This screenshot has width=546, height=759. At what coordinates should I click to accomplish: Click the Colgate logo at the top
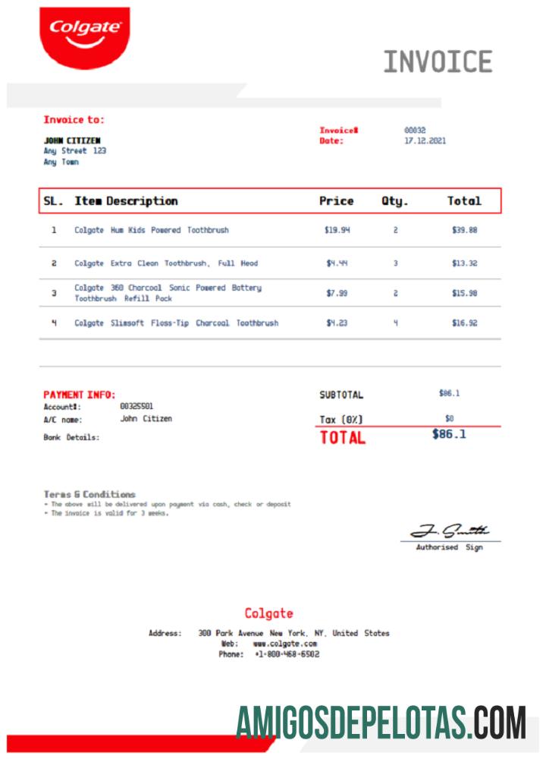pyautogui.click(x=84, y=36)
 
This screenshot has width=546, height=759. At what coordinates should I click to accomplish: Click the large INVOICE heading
pyautogui.click(x=438, y=61)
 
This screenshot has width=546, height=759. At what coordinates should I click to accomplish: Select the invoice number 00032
pyautogui.click(x=415, y=131)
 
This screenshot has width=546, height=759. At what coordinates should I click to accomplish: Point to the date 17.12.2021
pyautogui.click(x=425, y=141)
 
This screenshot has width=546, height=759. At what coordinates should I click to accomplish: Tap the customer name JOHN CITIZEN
pyautogui.click(x=72, y=140)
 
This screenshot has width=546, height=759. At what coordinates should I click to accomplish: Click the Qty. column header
pyautogui.click(x=394, y=201)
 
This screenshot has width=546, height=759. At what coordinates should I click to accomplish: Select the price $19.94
pyautogui.click(x=337, y=230)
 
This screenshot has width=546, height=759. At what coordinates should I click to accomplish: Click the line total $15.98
pyautogui.click(x=464, y=294)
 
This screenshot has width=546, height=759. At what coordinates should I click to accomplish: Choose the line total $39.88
pyautogui.click(x=464, y=230)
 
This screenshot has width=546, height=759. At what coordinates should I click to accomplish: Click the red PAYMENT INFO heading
pyautogui.click(x=79, y=395)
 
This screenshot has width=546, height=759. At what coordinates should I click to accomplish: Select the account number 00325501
pyautogui.click(x=136, y=407)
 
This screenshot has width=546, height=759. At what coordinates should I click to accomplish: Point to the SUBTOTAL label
pyautogui.click(x=341, y=395)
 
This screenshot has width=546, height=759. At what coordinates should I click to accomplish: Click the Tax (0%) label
pyautogui.click(x=341, y=420)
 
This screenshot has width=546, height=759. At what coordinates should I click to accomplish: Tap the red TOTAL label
pyautogui.click(x=343, y=438)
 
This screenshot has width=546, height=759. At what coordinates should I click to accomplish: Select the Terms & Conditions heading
pyautogui.click(x=89, y=494)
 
